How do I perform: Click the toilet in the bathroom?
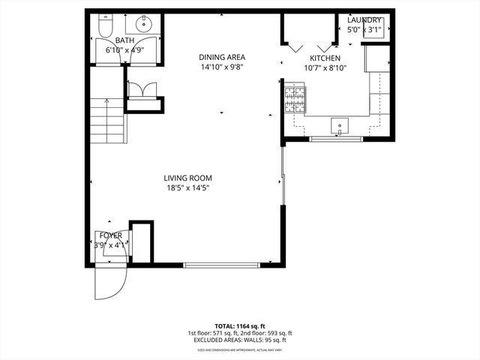(x=104, y=27)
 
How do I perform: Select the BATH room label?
(x=124, y=40)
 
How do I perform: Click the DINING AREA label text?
(x=222, y=57)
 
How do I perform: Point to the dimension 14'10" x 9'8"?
(x=222, y=67)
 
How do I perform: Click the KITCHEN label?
(x=325, y=58)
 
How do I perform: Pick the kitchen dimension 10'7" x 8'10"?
(x=325, y=67)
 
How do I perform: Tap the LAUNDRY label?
(x=365, y=20)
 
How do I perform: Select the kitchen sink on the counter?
(x=341, y=125)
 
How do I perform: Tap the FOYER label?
(x=111, y=235)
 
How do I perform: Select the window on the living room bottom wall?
(x=222, y=264)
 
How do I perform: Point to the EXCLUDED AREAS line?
(x=239, y=340)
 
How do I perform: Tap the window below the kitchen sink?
(x=336, y=139)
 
